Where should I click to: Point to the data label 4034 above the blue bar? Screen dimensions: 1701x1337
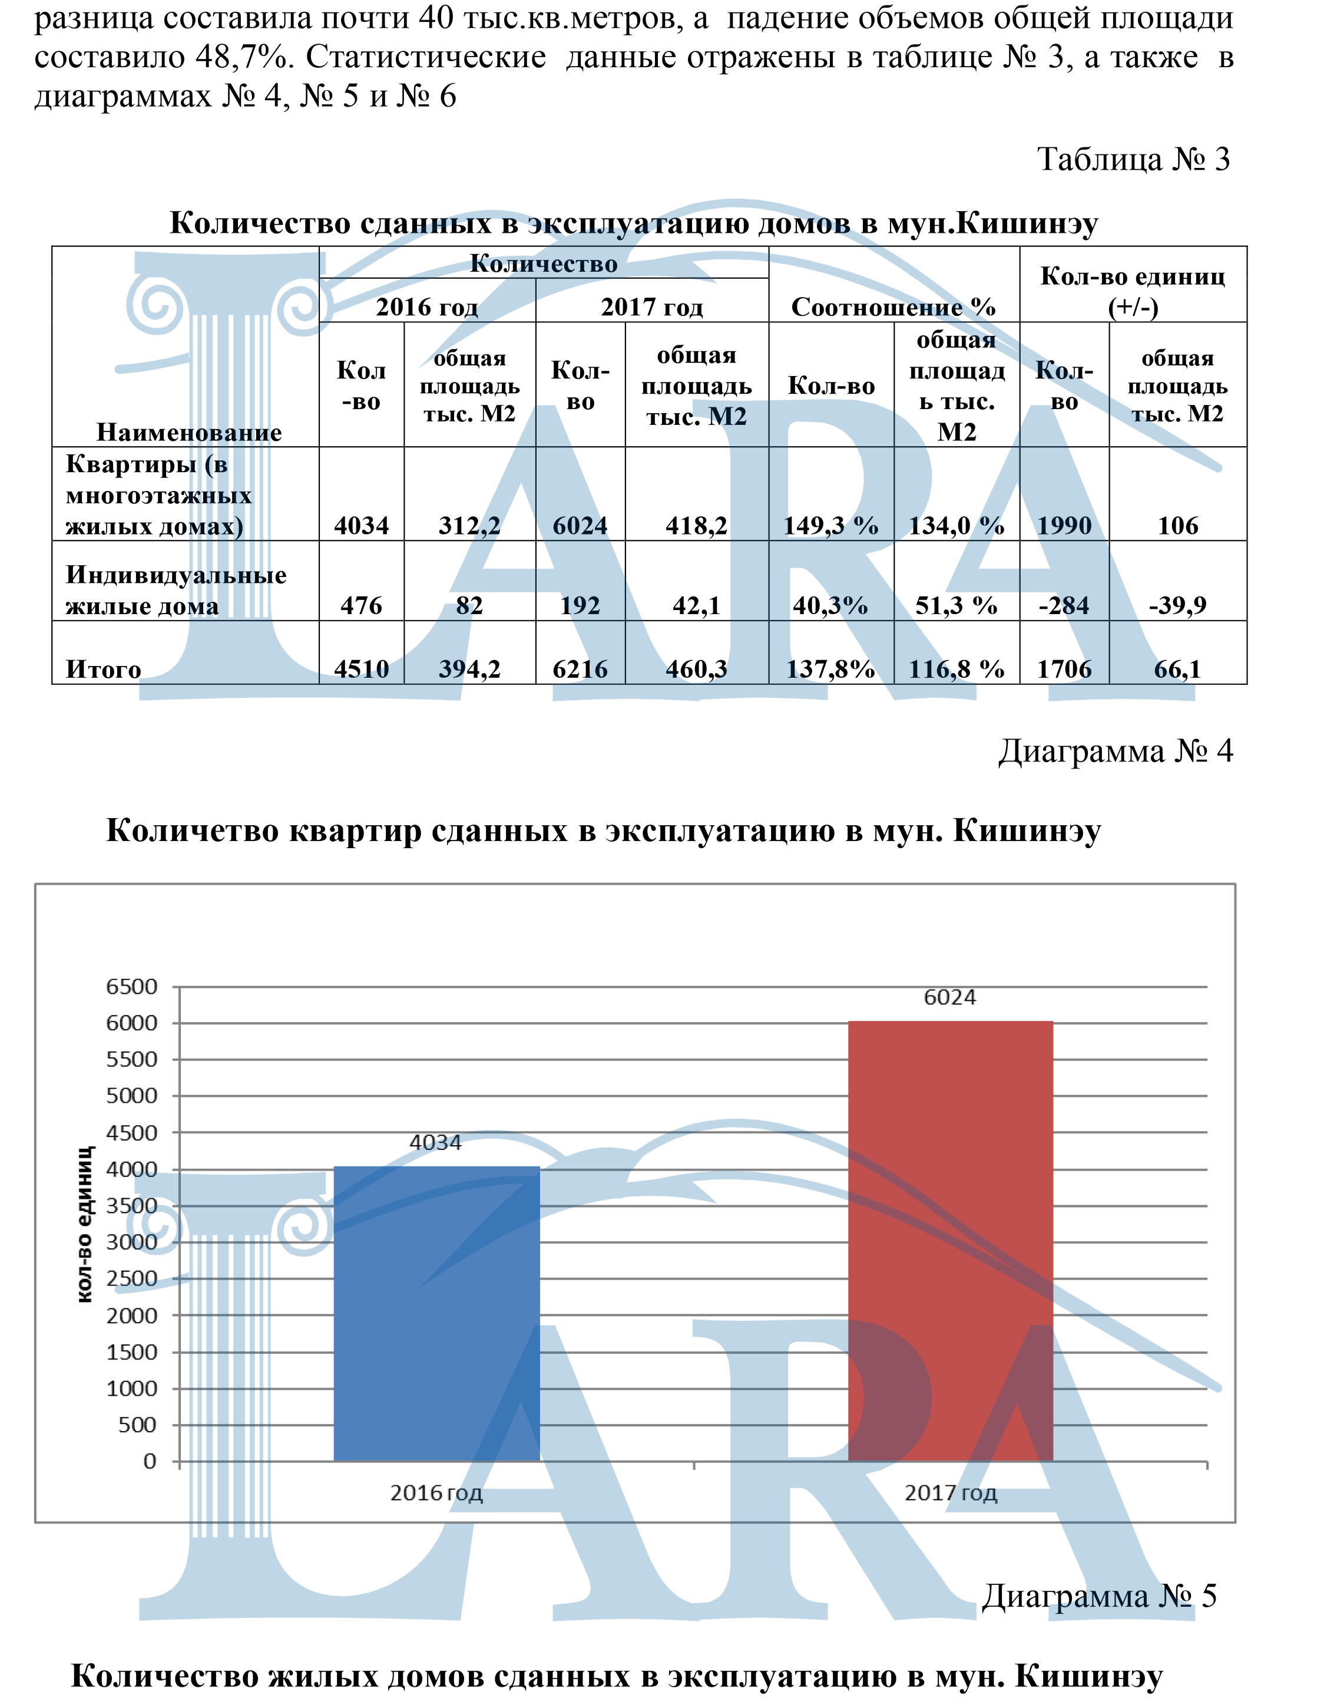[x=435, y=1143]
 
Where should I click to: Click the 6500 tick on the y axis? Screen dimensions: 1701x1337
[x=131, y=987]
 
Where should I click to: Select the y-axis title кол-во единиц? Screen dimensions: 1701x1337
[x=85, y=1225]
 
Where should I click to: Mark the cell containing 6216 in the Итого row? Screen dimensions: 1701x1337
[x=580, y=669]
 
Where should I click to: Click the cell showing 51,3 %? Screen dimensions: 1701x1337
[x=956, y=605]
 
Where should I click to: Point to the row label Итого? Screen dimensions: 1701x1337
[x=103, y=669]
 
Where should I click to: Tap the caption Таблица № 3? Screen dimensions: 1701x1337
[x=1133, y=159]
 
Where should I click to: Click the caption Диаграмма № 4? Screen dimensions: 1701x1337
[x=1115, y=751]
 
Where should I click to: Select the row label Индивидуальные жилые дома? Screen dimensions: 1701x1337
[x=176, y=590]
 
